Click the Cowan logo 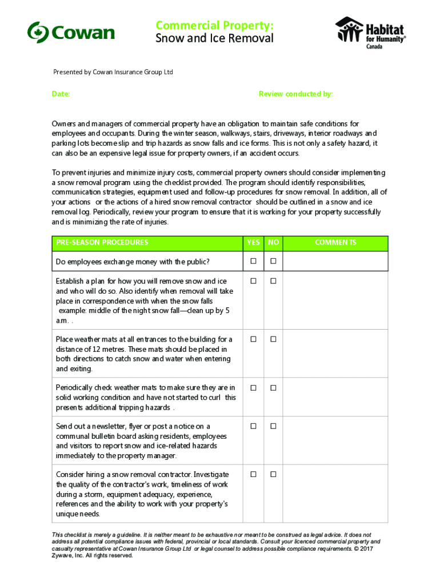click(x=71, y=32)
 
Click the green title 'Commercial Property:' click(x=214, y=25)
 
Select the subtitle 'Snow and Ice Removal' click(x=214, y=38)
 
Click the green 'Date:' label click(x=61, y=94)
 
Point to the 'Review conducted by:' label click(x=295, y=94)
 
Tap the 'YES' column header click(x=253, y=243)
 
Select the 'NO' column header click(x=273, y=243)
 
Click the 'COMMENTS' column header click(x=335, y=243)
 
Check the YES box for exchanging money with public click(x=253, y=262)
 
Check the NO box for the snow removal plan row click(x=273, y=281)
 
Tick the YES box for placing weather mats click(x=253, y=339)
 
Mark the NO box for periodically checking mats click(x=273, y=388)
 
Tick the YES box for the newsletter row click(x=253, y=426)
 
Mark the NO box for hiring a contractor click(x=273, y=475)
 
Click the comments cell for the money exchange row click(x=335, y=262)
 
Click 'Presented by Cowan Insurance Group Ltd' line click(x=113, y=73)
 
